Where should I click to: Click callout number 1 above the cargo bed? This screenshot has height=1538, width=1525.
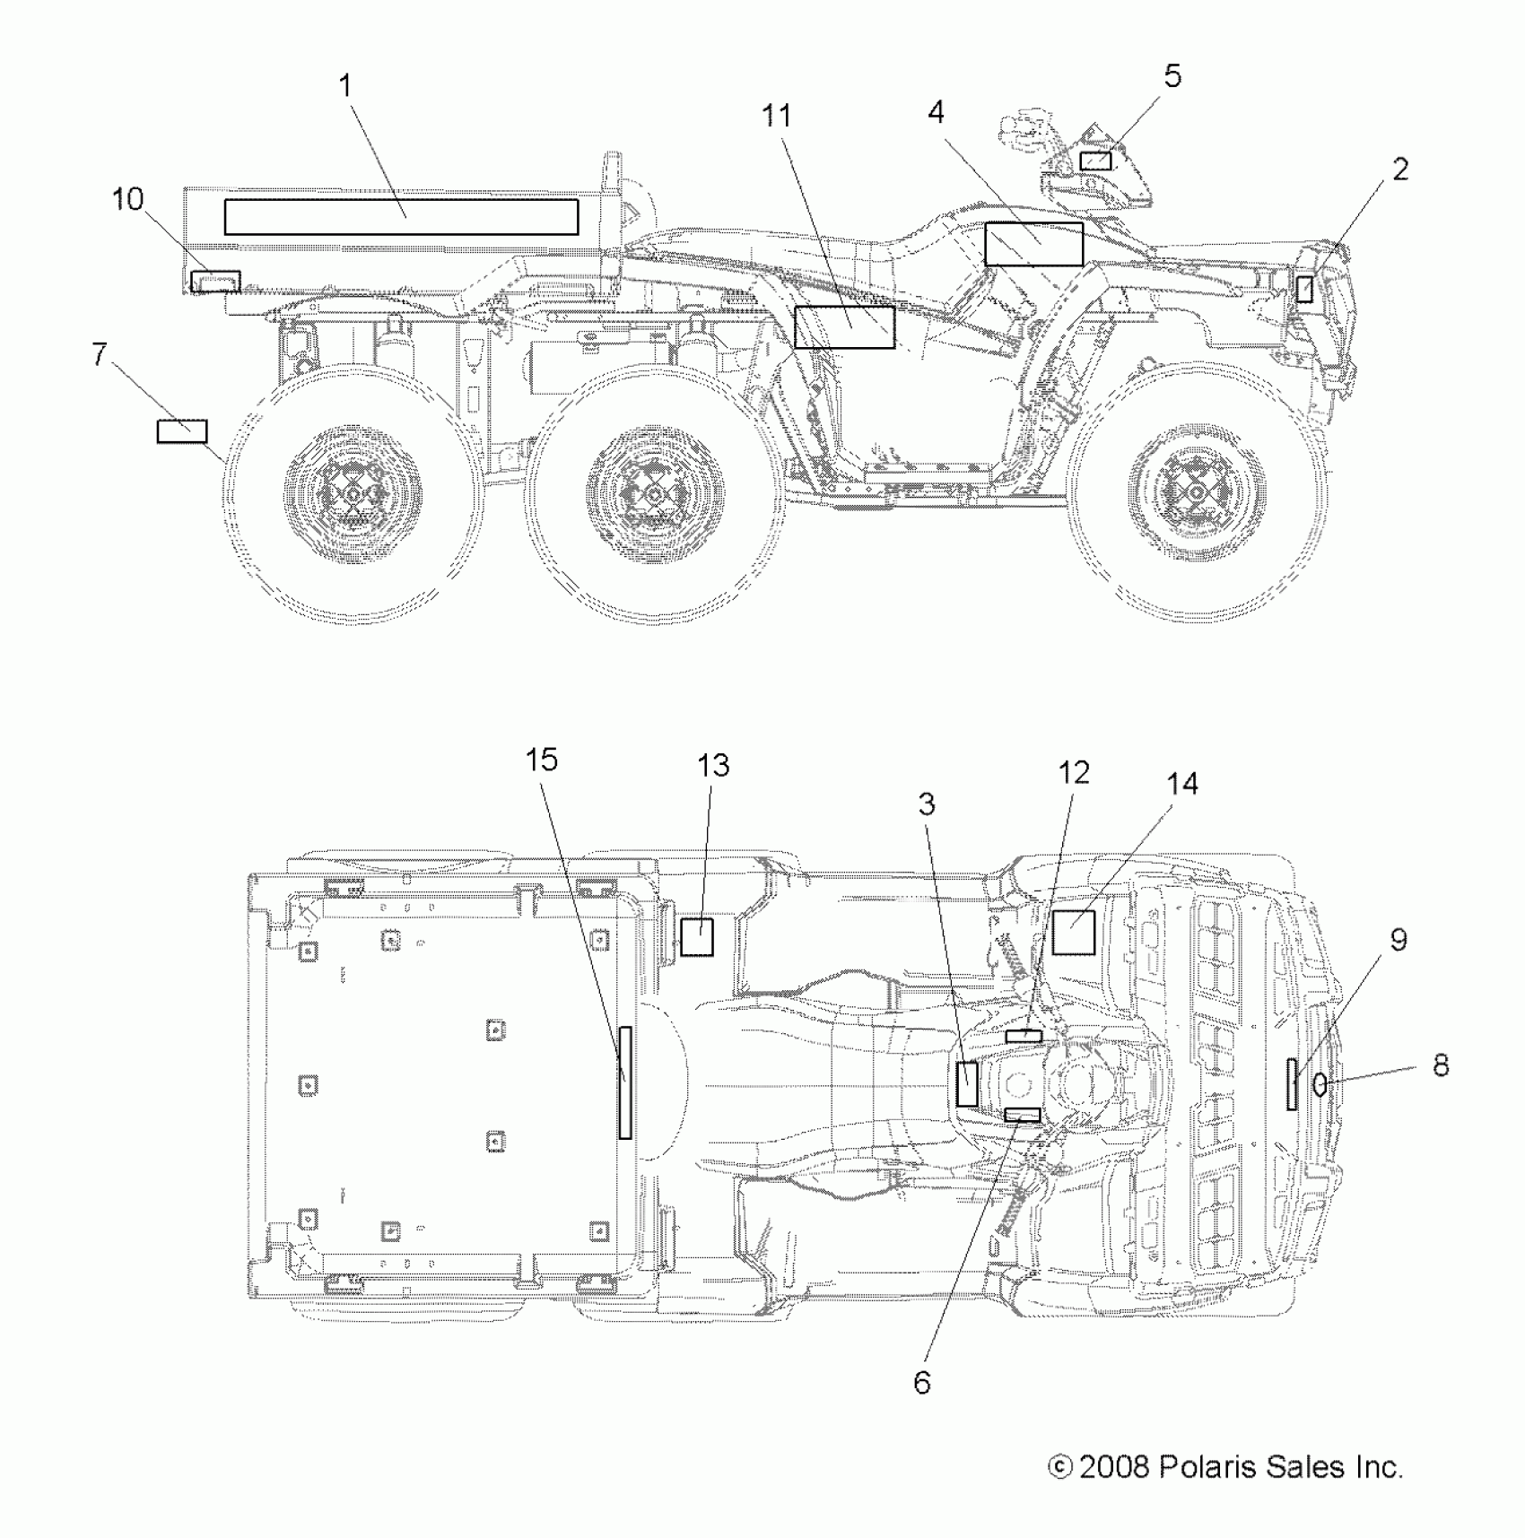pos(346,87)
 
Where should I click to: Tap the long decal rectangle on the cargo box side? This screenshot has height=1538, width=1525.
pos(401,217)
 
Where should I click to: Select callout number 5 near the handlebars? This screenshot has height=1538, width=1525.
pos(1172,77)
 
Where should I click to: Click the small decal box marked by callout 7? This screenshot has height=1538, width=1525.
pos(182,431)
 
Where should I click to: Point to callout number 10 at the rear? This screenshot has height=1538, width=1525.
pos(128,199)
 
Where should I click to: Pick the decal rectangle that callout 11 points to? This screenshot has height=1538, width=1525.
pos(844,326)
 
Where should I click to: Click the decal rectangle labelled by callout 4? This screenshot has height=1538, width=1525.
pos(1033,244)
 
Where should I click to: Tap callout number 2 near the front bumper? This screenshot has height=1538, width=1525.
pos(1400,169)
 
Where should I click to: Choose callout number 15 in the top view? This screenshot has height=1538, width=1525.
pos(542,760)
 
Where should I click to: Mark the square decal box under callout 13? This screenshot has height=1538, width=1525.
pos(696,937)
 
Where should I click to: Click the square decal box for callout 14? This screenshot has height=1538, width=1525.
pos(1074,933)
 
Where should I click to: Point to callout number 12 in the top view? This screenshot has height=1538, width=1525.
pos(1073,772)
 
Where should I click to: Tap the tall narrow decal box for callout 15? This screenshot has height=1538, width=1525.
pos(625,1082)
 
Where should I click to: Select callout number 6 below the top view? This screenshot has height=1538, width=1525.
pos(922,1382)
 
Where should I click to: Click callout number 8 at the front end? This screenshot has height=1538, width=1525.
pos(1442,1065)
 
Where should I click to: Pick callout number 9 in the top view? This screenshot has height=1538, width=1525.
pos(1399,940)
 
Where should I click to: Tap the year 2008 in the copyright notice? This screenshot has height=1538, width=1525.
pos(1114,1467)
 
